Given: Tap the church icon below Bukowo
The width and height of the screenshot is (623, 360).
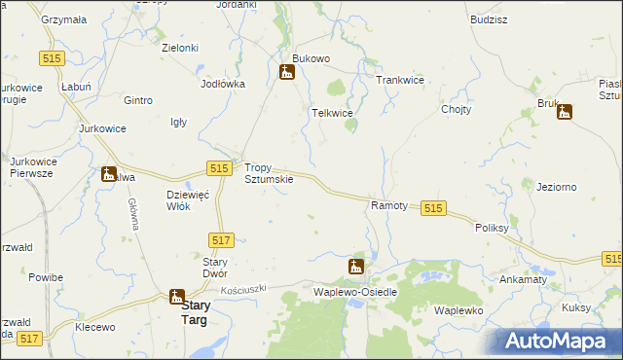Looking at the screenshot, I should (x=287, y=72).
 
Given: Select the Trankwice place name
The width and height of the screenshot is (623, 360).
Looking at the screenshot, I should (x=400, y=80).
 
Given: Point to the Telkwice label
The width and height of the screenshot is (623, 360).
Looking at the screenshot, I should (x=331, y=114).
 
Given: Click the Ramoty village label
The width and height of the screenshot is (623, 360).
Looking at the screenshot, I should (x=389, y=206).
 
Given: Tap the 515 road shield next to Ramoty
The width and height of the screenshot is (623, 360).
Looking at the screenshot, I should (x=434, y=208).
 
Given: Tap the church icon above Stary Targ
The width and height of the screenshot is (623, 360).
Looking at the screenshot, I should (x=176, y=297).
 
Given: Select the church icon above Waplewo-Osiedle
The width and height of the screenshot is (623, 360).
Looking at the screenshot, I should (x=356, y=266).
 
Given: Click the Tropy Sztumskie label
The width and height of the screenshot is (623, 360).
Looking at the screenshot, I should (x=268, y=173).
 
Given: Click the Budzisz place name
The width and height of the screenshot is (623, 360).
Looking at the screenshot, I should (x=488, y=18).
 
